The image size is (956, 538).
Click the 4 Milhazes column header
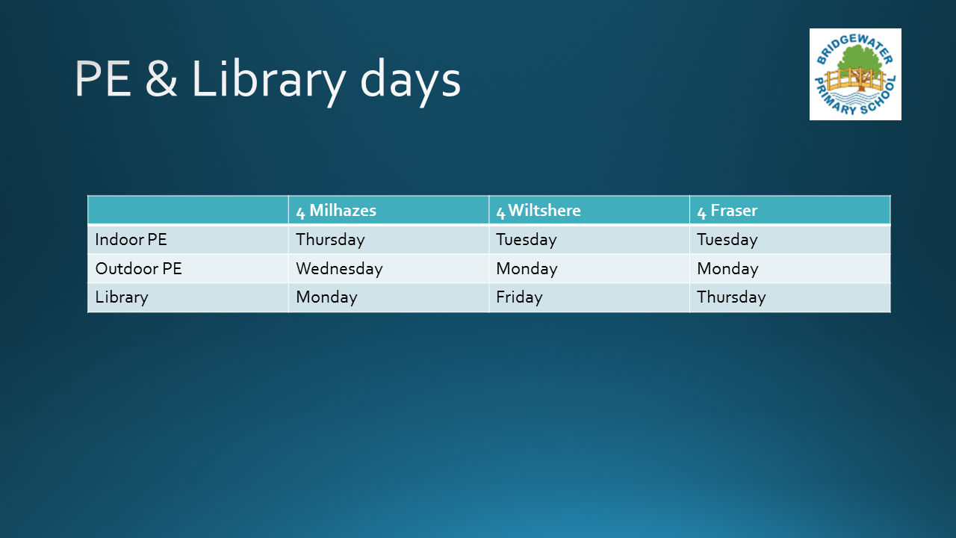coord(336,211)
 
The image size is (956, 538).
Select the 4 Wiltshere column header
coord(538,211)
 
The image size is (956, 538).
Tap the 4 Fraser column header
coord(727,211)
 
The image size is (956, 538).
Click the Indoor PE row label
coord(131,240)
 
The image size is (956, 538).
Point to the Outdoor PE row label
coord(139,268)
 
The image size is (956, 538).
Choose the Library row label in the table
coord(122,297)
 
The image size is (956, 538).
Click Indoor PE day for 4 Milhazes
coord(330,240)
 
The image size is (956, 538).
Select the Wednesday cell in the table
coord(339,268)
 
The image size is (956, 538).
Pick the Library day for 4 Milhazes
coord(326,297)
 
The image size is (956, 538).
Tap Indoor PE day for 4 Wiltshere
coord(527,240)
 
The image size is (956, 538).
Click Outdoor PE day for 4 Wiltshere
coord(527,268)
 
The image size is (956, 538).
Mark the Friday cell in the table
coord(519,297)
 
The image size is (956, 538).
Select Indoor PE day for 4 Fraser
coord(727,240)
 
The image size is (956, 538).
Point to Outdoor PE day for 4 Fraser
coord(727,268)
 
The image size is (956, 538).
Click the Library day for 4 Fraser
coord(731,297)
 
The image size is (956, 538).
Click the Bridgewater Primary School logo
coord(855,74)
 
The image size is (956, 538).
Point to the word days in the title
coord(411,81)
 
